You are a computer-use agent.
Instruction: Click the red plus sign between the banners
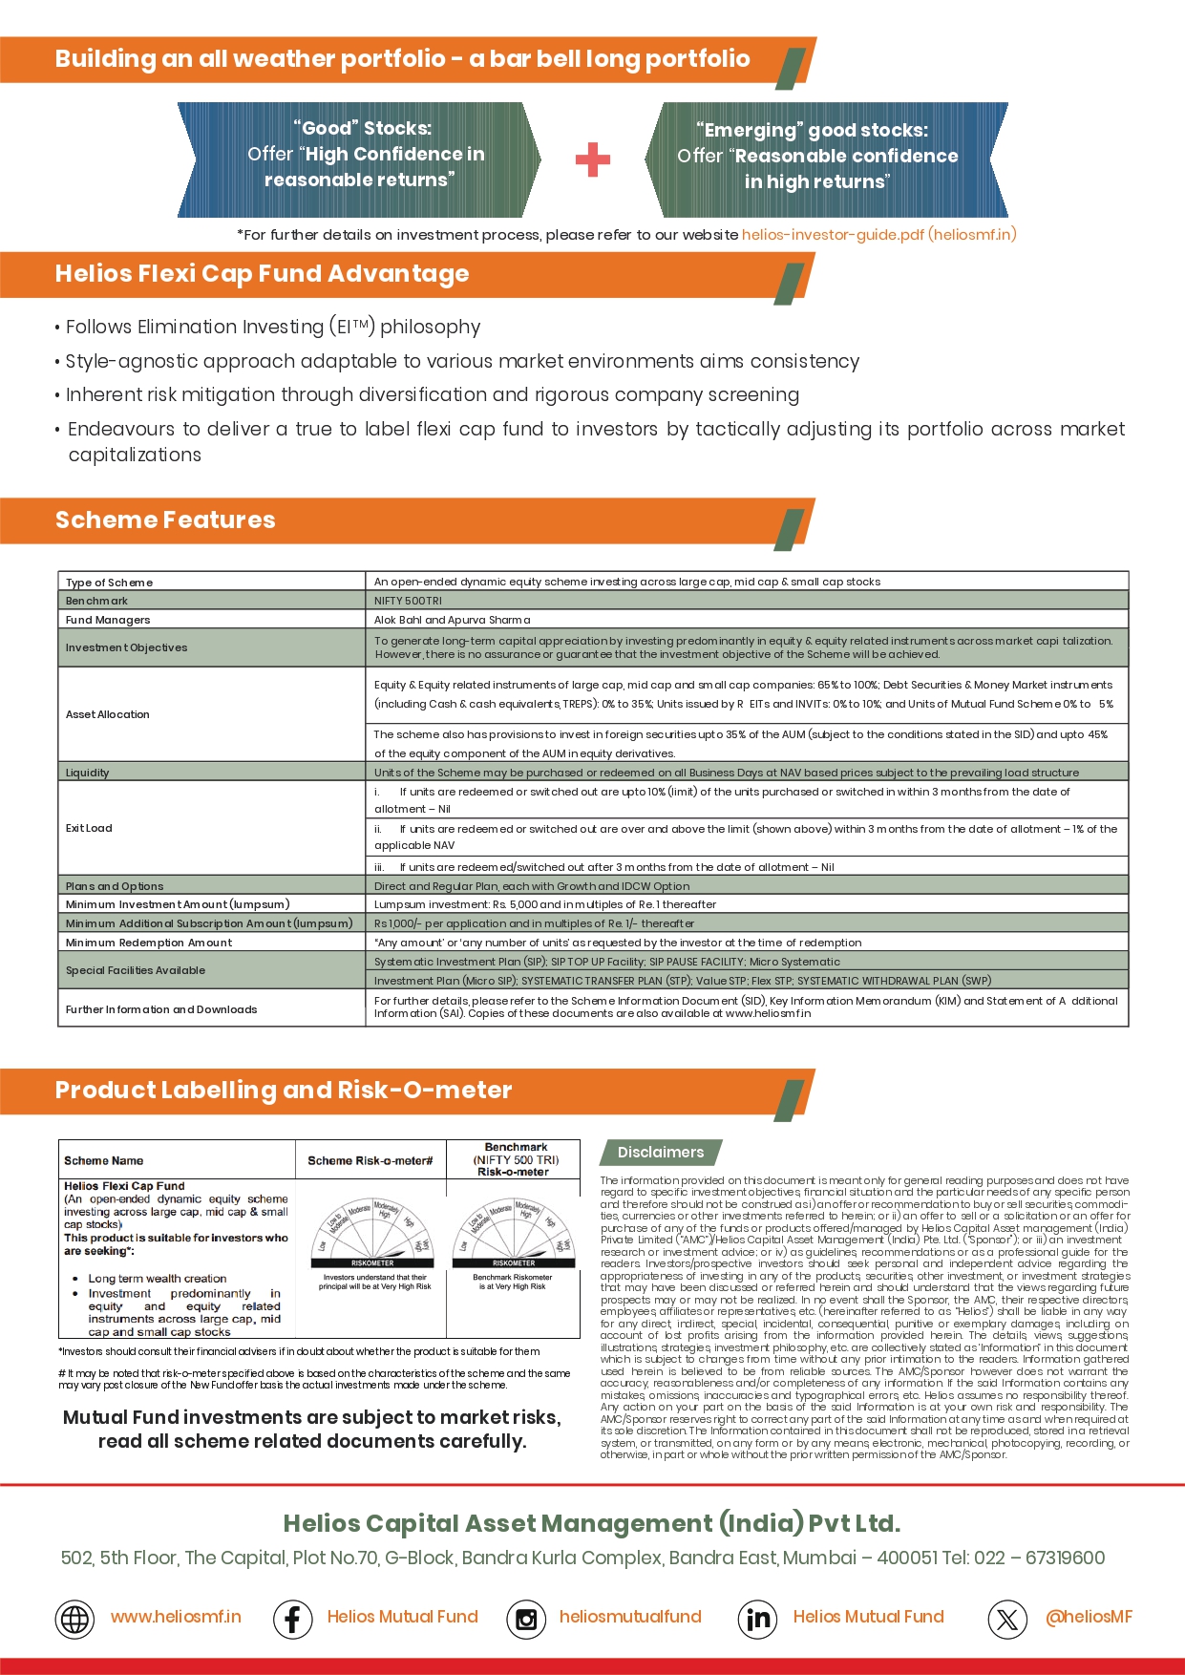click(x=592, y=159)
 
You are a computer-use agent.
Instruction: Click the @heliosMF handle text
click(x=1089, y=1617)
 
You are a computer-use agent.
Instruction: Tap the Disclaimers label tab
click(x=660, y=1153)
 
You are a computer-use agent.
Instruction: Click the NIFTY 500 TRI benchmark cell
click(x=408, y=601)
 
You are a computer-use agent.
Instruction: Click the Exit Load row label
click(x=89, y=828)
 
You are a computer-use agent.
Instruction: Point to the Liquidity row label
click(x=87, y=773)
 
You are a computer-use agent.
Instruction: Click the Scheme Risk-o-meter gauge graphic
click(x=372, y=1233)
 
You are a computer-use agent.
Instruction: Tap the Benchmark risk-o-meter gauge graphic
click(x=514, y=1233)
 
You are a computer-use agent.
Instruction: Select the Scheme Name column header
click(x=103, y=1161)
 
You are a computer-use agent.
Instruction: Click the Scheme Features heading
click(x=165, y=520)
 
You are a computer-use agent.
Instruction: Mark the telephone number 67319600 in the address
click(x=1065, y=1558)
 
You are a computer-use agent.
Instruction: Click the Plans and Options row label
click(x=115, y=886)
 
